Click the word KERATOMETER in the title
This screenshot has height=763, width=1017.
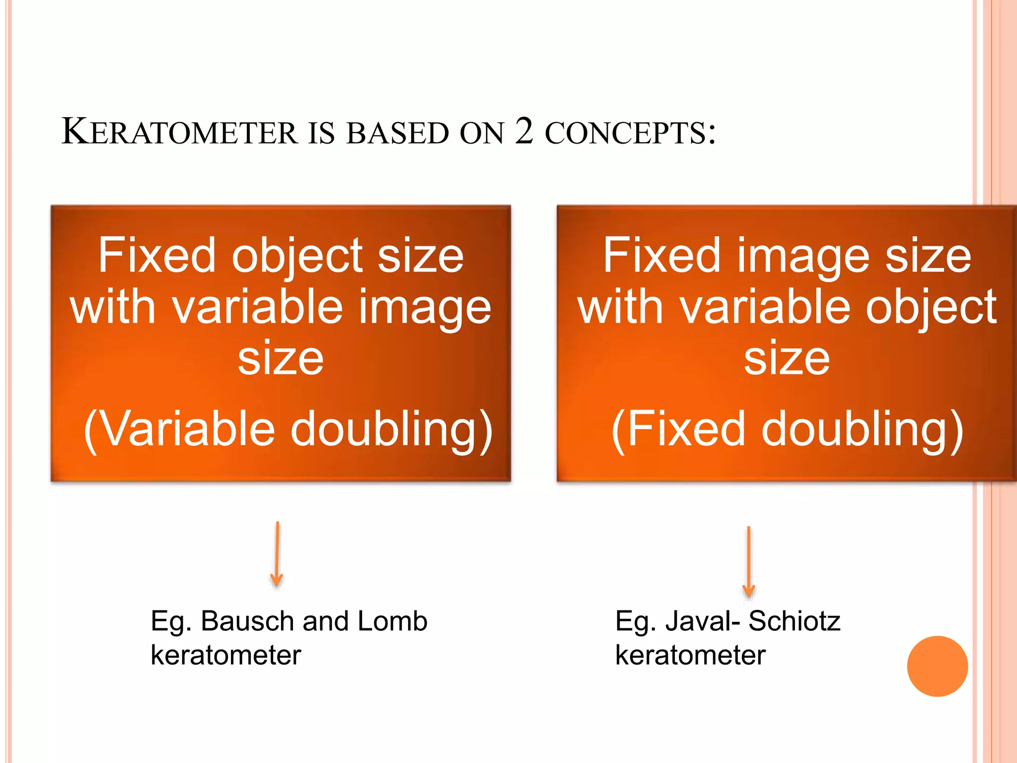click(x=179, y=132)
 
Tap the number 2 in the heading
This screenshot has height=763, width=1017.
click(x=524, y=131)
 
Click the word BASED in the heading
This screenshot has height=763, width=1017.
click(x=397, y=133)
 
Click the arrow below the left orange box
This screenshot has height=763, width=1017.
click(x=277, y=554)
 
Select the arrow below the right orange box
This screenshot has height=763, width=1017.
click(x=748, y=561)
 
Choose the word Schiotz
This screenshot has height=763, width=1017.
click(x=794, y=621)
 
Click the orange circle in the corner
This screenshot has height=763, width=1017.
click(x=937, y=666)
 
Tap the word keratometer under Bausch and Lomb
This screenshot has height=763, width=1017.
click(x=226, y=655)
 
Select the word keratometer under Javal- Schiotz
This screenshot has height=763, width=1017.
click(x=690, y=655)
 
